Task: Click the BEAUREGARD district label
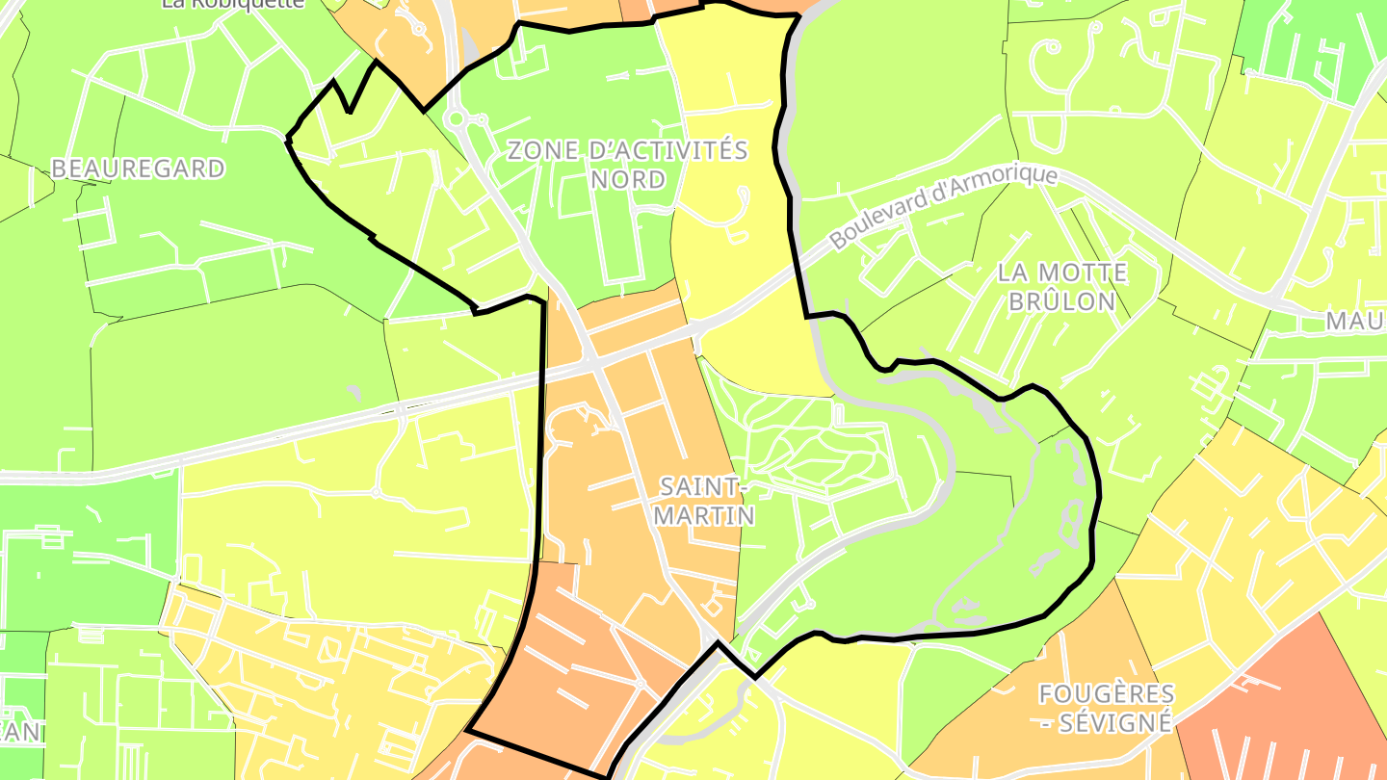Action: [138, 169]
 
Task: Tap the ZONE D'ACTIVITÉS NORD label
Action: [627, 165]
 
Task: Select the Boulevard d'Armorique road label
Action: [944, 207]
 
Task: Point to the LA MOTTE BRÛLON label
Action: [1061, 287]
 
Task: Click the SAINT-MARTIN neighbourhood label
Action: [704, 501]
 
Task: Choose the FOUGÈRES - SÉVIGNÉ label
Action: [1107, 708]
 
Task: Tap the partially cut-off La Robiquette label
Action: [233, 4]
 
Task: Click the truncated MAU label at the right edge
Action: [1355, 322]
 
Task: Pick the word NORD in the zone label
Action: [627, 180]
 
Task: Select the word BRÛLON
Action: [1061, 301]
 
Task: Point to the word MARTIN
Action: [704, 516]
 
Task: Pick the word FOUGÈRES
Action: [1107, 693]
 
